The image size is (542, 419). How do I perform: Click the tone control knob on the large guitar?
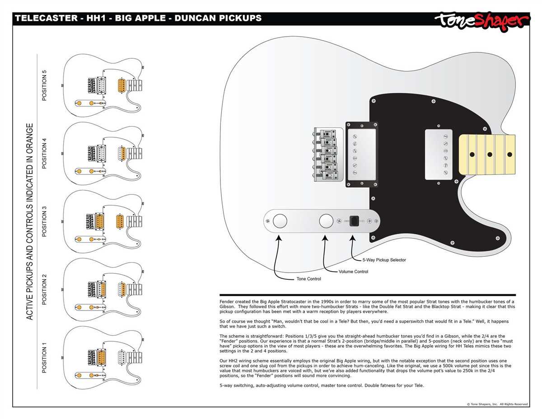[x=280, y=221]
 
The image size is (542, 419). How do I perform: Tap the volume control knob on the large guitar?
[x=326, y=221]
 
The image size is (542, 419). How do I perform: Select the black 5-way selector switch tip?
[x=355, y=221]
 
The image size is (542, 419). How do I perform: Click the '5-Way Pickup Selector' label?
[x=384, y=260]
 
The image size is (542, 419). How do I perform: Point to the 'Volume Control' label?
[x=353, y=272]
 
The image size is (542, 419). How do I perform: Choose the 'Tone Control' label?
[x=308, y=279]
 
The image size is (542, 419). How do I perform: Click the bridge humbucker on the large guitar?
[x=361, y=154]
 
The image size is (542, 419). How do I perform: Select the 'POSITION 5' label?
[x=44, y=85]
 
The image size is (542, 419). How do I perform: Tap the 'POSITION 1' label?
[x=44, y=358]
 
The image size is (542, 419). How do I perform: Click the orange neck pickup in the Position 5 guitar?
[x=121, y=85]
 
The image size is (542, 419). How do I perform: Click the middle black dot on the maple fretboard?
[x=490, y=154]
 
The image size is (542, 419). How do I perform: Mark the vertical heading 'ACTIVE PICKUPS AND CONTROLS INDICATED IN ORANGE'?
[x=30, y=221]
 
